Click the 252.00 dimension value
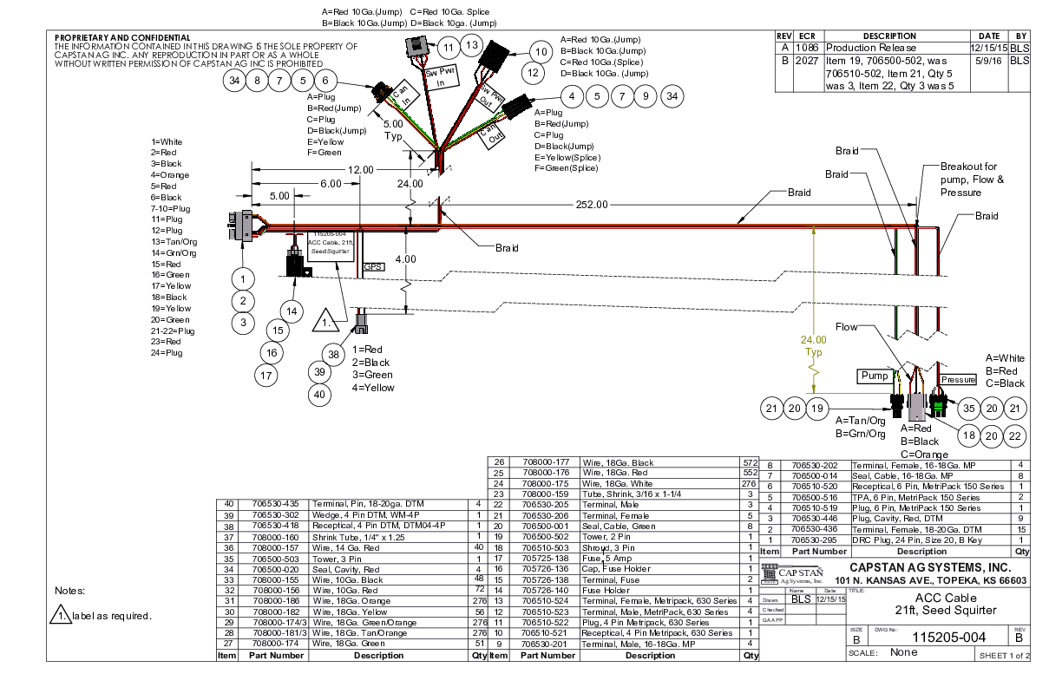(592, 205)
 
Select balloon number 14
(292, 311)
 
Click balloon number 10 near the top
(541, 53)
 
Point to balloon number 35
(969, 409)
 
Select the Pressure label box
(959, 380)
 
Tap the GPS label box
(373, 267)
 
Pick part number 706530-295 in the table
(814, 539)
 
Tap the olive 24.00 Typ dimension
(815, 346)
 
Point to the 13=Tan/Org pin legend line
(174, 242)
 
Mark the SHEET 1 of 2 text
(1003, 656)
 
